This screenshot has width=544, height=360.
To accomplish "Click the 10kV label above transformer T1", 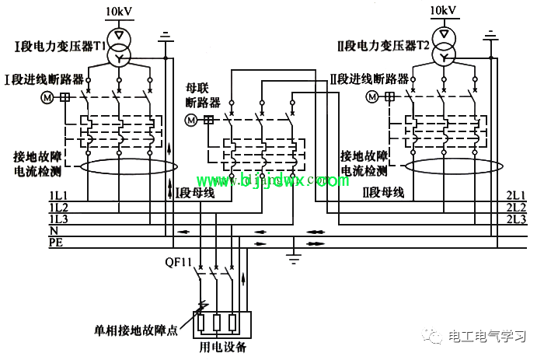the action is [119, 12].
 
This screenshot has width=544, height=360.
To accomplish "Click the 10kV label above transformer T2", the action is [443, 10].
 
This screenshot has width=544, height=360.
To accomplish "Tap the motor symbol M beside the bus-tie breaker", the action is [191, 120].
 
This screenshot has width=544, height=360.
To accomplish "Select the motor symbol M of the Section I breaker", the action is [47, 97].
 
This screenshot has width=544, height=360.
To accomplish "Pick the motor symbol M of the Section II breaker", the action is [372, 96].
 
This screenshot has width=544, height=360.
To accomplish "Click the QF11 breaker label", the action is [178, 262].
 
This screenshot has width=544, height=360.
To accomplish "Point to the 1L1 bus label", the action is [58, 195].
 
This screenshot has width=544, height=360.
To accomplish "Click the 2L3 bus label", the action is [516, 219].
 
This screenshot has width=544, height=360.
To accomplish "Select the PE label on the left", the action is [56, 242].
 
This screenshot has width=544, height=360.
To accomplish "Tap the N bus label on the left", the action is [54, 230].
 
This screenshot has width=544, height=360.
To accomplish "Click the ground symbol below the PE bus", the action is [294, 259].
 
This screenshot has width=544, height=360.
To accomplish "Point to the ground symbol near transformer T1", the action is [166, 37].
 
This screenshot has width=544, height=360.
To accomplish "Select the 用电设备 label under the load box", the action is [223, 347].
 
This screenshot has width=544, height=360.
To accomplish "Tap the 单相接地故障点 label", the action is [136, 330].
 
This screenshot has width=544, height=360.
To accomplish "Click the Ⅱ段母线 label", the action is [383, 192].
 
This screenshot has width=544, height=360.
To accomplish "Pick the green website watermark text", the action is [272, 180].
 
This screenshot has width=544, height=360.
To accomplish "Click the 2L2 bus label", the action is [516, 208].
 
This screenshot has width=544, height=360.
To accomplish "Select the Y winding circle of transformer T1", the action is [119, 57].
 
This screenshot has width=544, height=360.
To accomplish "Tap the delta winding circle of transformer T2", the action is [444, 35].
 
